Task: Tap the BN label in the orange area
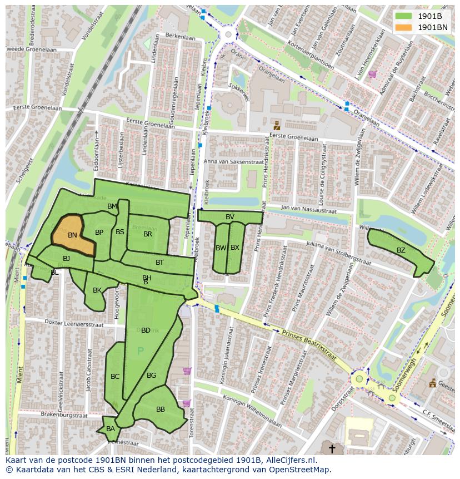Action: click(72, 235)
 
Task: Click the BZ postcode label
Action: click(401, 250)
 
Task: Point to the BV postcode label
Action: click(230, 216)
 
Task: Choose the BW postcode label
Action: click(221, 248)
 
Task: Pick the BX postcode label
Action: click(235, 248)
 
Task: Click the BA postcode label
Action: click(111, 428)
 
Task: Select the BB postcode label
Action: click(161, 409)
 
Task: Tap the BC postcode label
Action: click(115, 377)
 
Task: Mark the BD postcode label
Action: click(146, 330)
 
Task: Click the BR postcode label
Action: click(148, 234)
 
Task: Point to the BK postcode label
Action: click(97, 290)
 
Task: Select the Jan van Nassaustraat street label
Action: click(309, 211)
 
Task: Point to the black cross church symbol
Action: click(332, 448)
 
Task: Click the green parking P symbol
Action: click(141, 351)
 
